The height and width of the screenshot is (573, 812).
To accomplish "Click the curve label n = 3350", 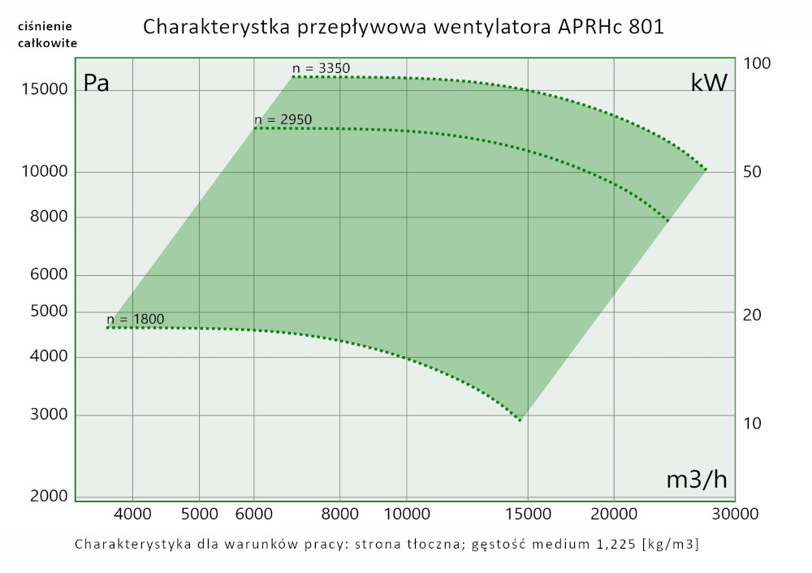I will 322,68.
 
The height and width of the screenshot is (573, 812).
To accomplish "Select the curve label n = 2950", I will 283,120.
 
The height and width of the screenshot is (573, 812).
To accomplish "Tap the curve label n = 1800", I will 135,319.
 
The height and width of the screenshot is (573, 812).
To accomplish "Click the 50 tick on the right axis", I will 753,172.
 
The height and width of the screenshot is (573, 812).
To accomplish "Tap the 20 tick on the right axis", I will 753,314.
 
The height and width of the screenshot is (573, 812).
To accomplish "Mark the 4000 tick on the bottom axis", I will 132,513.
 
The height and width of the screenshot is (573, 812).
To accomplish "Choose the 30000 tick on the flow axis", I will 736,513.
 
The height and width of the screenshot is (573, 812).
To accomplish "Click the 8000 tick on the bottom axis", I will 340,513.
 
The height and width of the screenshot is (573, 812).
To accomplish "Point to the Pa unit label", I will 97,84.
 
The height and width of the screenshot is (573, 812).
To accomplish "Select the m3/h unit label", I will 696,480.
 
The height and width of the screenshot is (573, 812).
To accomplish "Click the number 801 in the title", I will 646,27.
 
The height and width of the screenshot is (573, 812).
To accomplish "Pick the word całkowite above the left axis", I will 47,43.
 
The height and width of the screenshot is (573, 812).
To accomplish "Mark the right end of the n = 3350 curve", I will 706,170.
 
